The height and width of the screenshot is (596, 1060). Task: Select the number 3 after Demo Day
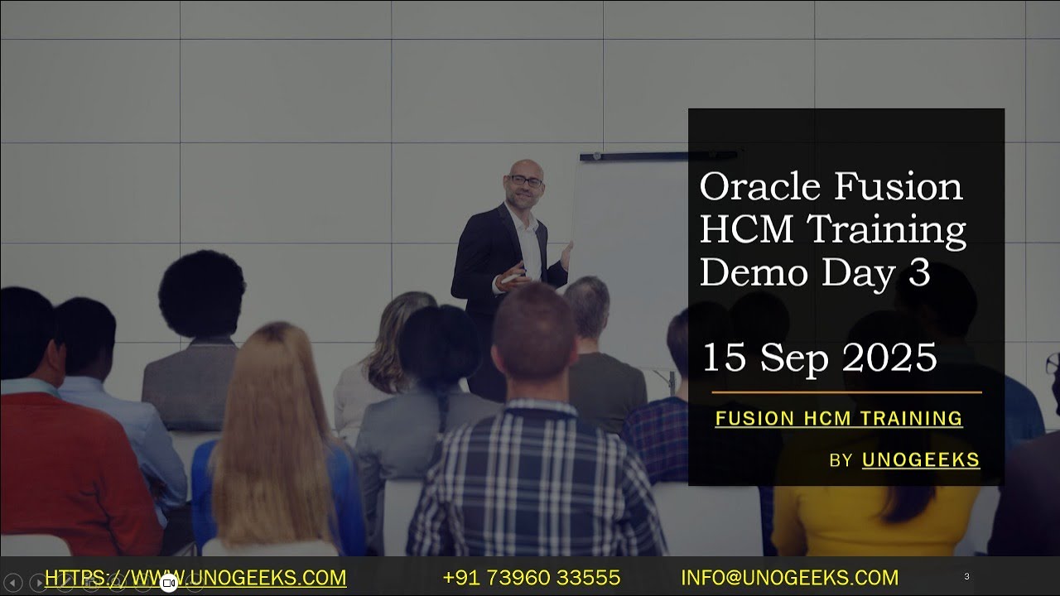tap(919, 273)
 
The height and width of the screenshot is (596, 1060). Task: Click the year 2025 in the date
tap(890, 358)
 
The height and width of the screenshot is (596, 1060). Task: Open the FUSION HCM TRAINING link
tap(839, 419)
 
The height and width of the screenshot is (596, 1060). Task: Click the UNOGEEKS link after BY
tap(921, 460)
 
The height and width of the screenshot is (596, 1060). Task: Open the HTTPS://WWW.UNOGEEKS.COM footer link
tap(195, 578)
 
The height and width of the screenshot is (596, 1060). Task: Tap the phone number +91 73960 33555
tap(532, 578)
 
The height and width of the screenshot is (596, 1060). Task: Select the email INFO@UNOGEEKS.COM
tap(789, 578)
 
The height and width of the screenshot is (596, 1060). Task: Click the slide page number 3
tap(966, 576)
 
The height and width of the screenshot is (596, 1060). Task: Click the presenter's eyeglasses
tap(526, 180)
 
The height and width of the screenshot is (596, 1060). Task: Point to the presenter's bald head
tap(525, 167)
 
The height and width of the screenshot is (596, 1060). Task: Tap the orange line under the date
tap(846, 392)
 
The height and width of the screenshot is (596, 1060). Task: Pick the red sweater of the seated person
tap(75, 464)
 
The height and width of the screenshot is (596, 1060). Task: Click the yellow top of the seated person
tap(878, 517)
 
